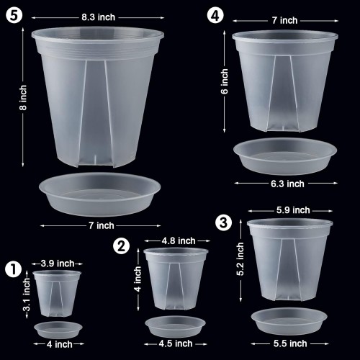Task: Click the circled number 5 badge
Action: tap(14, 15)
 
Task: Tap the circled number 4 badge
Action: tap(215, 15)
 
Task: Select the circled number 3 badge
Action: tap(224, 222)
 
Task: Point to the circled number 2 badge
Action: tap(122, 246)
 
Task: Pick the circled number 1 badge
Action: tap(14, 269)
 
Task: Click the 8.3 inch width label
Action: tap(99, 17)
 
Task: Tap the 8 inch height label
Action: tap(23, 98)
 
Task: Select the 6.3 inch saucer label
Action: tap(287, 184)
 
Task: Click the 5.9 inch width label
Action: tap(293, 210)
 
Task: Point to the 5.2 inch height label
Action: tap(240, 259)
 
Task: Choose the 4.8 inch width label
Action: tap(179, 240)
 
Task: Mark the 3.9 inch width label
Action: tap(58, 264)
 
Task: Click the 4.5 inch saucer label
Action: tap(176, 343)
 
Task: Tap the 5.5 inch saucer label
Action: tap(290, 343)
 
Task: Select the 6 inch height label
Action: tap(225, 81)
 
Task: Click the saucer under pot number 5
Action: tap(100, 194)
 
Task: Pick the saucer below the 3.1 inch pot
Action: tap(58, 330)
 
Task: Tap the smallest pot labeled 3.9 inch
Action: tap(57, 294)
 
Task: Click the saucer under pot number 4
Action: tap(285, 156)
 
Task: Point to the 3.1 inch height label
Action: tap(27, 294)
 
